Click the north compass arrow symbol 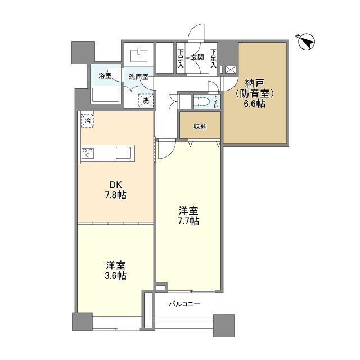(307, 42)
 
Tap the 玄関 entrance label (197, 57)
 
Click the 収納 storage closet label (200, 126)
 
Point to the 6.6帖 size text (255, 103)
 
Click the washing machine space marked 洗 (146, 101)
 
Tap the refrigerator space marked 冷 (87, 121)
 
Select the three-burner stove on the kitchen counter (88, 152)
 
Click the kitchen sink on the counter (123, 152)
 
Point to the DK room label (115, 185)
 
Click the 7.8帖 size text (115, 195)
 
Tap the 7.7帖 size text (188, 221)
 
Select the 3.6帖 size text (115, 276)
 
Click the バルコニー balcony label (185, 304)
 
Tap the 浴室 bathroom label (105, 76)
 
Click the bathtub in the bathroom (106, 94)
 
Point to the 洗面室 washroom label (139, 77)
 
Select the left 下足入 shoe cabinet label (181, 58)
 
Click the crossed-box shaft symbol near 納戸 (231, 70)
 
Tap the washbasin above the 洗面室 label (139, 55)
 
